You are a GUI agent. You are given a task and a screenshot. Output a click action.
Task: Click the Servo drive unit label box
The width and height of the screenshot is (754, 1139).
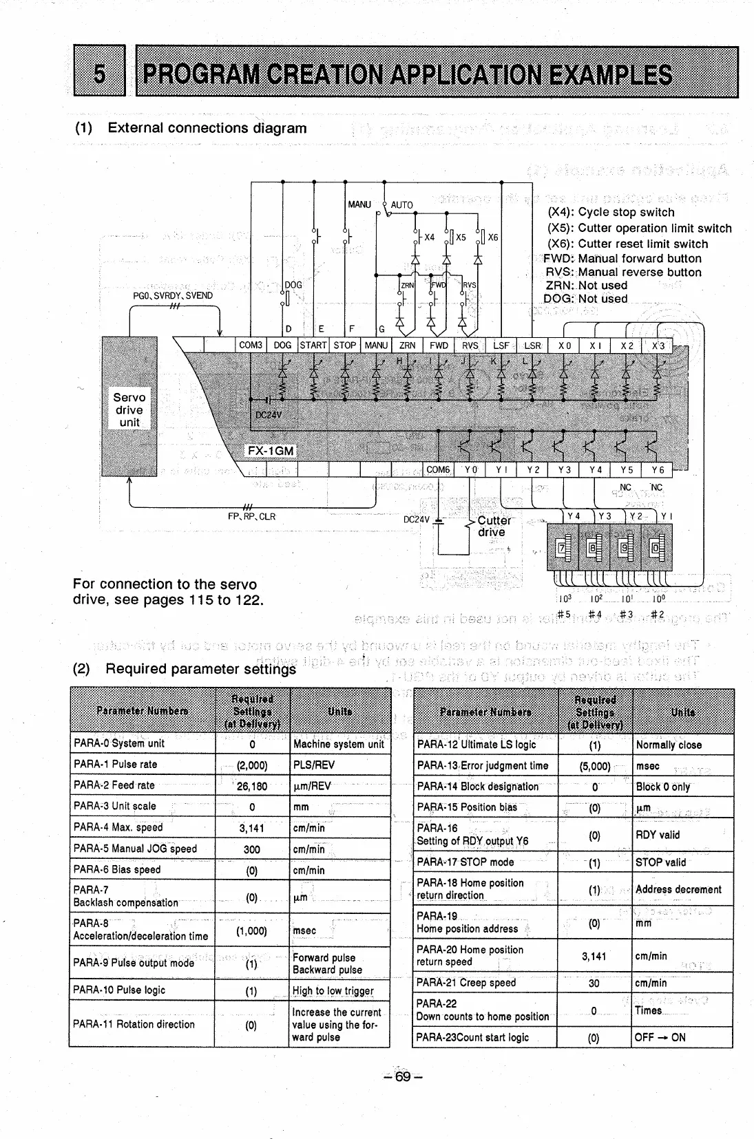[x=129, y=409]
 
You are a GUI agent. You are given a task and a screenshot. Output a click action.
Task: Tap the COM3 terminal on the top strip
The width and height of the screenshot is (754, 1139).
[x=250, y=345]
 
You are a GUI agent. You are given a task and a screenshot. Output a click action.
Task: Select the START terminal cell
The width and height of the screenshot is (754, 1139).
[x=313, y=345]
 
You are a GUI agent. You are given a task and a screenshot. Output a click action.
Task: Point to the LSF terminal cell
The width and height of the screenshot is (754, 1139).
[x=501, y=345]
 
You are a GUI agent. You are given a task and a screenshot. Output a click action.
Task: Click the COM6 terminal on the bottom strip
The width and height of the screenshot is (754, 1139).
[x=438, y=470]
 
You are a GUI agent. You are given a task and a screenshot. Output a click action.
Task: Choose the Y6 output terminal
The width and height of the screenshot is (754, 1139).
[x=658, y=470]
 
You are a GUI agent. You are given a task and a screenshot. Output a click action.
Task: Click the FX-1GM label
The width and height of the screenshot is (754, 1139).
[x=271, y=451]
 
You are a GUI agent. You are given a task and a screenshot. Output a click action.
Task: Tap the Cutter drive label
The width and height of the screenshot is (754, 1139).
[x=494, y=526]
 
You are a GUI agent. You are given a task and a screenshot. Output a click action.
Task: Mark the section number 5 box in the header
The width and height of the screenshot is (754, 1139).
[x=99, y=72]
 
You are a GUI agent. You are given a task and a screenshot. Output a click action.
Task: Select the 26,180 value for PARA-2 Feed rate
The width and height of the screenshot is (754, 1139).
[x=252, y=786]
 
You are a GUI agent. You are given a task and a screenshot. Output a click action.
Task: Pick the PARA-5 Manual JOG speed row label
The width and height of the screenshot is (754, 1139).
[x=135, y=849]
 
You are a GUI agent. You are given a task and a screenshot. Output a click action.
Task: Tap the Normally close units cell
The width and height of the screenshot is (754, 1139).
[x=669, y=745]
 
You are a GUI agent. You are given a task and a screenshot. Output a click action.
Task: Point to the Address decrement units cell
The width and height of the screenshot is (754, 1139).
[x=678, y=889]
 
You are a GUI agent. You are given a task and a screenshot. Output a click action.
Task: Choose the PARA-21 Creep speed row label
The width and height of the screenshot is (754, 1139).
[x=466, y=983]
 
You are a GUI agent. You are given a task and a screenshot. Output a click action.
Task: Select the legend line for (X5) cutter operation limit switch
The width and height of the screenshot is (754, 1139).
[x=639, y=228]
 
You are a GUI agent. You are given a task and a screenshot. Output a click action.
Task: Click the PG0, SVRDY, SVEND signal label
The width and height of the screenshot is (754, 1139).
[x=173, y=296]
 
